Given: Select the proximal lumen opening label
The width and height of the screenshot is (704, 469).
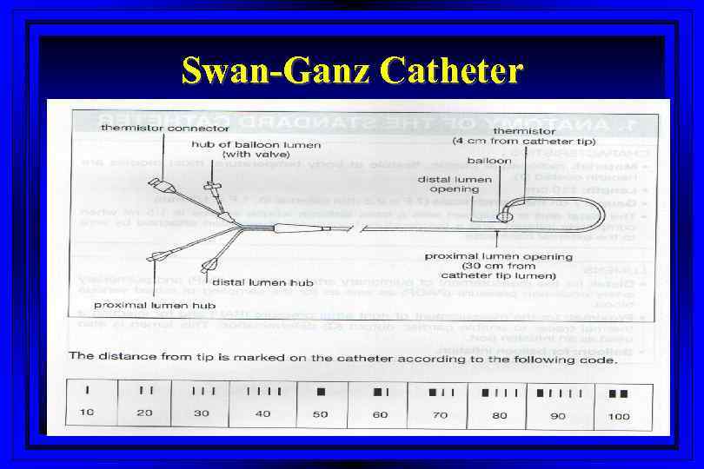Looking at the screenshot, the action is (x=498, y=256).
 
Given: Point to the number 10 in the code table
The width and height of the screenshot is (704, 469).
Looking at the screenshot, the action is (x=87, y=413).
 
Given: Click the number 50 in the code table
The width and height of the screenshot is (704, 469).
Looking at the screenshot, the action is (x=321, y=414).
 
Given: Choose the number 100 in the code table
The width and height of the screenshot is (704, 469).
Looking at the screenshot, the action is (x=619, y=416).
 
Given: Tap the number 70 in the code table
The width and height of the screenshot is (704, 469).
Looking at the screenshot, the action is (x=440, y=415).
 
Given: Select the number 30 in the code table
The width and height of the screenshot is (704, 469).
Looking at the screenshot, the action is (x=202, y=413).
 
